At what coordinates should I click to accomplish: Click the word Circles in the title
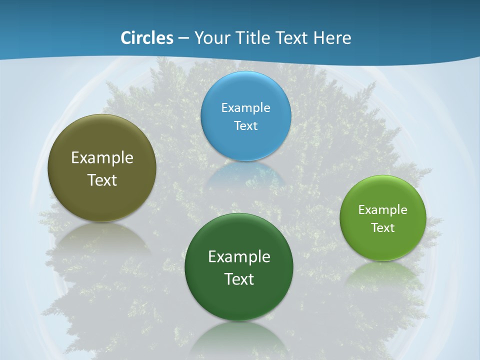(x=147, y=38)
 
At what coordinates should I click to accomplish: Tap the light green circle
(x=383, y=245)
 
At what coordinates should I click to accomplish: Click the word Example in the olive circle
(x=102, y=158)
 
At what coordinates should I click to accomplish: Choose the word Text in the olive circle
(x=102, y=180)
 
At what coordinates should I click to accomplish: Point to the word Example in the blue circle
(x=245, y=108)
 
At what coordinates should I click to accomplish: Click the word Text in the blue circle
(x=245, y=125)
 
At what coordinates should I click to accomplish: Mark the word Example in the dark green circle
(x=239, y=257)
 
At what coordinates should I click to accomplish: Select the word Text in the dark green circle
(x=239, y=279)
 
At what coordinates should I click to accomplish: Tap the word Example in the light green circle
(x=383, y=210)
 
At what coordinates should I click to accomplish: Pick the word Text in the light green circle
(x=383, y=228)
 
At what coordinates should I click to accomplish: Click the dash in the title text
(x=183, y=38)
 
